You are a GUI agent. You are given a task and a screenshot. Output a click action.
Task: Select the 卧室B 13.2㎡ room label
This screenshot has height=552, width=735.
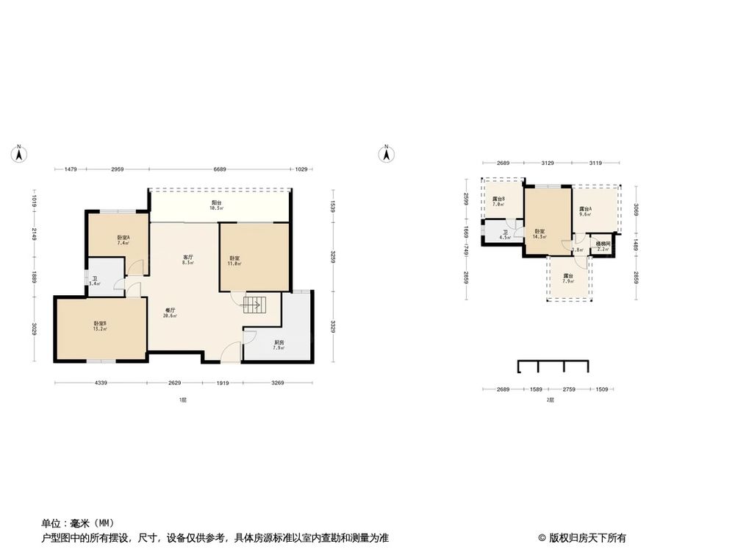(100, 326)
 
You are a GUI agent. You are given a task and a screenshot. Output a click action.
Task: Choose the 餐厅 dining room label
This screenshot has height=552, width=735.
(170, 313)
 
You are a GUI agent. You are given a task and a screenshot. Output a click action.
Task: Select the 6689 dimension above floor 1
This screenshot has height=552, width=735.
(220, 170)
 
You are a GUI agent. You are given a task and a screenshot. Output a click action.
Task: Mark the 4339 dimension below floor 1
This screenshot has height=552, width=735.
(101, 383)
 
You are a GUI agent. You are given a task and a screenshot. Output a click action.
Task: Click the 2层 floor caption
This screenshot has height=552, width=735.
(549, 400)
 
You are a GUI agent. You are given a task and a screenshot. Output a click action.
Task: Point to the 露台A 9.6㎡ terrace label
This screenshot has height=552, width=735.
(586, 212)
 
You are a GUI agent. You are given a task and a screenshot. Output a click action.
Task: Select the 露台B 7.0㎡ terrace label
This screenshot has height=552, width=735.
(498, 201)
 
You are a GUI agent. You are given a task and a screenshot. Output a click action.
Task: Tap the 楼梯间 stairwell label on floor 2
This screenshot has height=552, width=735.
(603, 246)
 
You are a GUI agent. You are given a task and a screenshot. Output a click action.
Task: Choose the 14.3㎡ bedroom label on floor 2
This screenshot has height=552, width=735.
(540, 234)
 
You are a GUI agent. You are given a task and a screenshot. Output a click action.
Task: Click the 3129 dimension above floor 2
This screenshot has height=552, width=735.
(548, 163)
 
